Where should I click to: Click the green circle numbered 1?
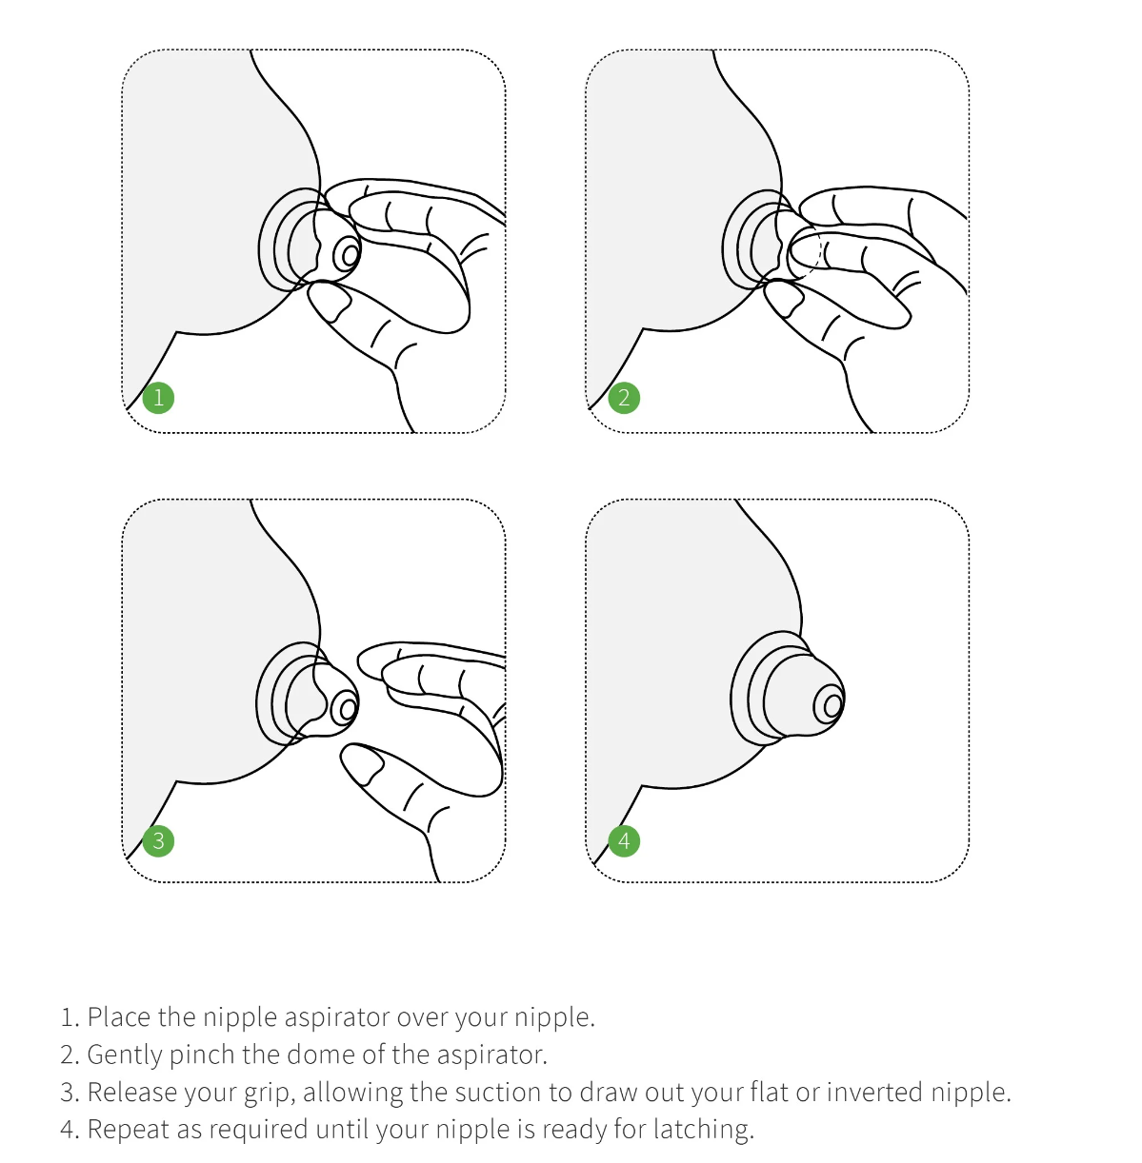(x=158, y=397)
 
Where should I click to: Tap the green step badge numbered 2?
(x=624, y=397)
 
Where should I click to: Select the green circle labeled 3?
(x=158, y=840)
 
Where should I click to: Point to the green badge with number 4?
(x=624, y=840)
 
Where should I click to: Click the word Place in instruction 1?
(x=119, y=1017)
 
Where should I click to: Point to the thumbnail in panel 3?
(x=360, y=765)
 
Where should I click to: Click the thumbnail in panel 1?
(x=330, y=304)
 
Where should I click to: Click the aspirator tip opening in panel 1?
(x=350, y=254)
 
